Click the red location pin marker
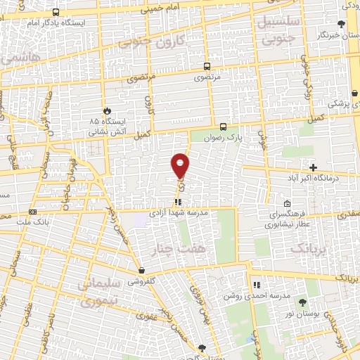(181, 165)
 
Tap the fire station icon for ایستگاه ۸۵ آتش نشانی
(107, 110)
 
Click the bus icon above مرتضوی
(206, 64)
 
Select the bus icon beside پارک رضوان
(223, 127)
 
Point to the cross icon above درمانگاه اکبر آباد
(313, 167)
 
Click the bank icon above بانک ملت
(32, 211)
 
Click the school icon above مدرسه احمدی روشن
(257, 285)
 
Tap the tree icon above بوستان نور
(302, 301)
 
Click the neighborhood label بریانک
(309, 247)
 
